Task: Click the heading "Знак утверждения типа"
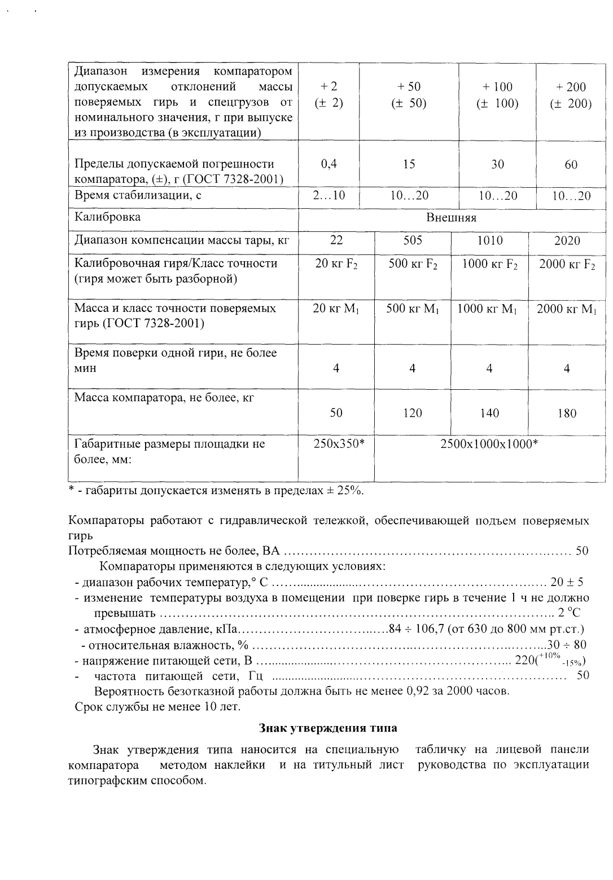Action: coord(327,728)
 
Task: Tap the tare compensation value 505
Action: coord(413,241)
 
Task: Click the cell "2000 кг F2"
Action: coord(567,264)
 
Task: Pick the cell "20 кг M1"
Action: coord(336,309)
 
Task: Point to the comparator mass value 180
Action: coord(567,413)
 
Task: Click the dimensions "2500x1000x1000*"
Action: coord(489,444)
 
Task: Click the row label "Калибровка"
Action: coord(108,217)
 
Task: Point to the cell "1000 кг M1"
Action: coord(489,309)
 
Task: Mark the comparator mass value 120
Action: coord(413,413)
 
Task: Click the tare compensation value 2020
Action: coord(567,241)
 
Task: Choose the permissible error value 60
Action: coord(571,164)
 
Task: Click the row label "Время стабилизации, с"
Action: coord(138,196)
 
